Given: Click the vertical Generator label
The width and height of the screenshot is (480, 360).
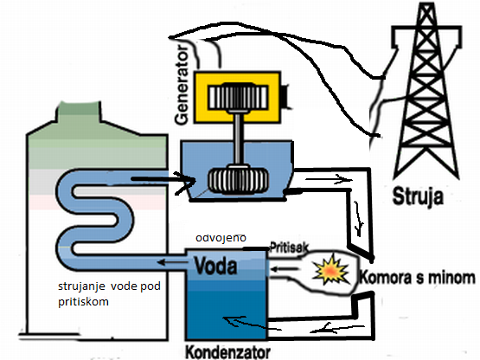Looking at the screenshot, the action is coord(182,85).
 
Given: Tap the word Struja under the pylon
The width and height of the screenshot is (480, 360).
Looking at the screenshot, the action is coord(418,196).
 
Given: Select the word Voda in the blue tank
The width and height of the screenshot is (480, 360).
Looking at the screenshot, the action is coord(216,266).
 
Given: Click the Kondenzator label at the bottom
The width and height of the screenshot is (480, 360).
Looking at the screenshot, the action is coord(228,352).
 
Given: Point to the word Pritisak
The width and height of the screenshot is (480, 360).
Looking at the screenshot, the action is coord(289,247).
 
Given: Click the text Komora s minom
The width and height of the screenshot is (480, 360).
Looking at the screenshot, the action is coord(417,277).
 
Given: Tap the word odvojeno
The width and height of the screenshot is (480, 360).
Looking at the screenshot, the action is coord(221,238).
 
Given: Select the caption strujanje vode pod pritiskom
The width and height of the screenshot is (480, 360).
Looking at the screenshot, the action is coord(109,294).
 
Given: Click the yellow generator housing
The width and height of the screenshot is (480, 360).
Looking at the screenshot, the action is coord(238,97).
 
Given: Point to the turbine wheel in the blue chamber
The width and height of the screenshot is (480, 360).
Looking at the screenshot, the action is coord(238,180).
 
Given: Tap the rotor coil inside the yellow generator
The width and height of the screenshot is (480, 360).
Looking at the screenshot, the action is coord(238,98).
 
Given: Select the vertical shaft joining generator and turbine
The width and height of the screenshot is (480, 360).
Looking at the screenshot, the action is coord(238,139).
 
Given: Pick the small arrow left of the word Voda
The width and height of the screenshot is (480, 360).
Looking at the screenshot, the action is coord(173,262).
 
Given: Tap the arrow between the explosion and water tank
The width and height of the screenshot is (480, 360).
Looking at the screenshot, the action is coord(285,269).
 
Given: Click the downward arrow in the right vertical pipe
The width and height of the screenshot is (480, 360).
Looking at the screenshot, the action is coord(358,219).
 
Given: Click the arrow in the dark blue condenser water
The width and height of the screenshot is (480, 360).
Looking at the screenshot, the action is coord(251,324).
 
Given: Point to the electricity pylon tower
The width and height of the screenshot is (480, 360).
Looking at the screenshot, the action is coord(426,92).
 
